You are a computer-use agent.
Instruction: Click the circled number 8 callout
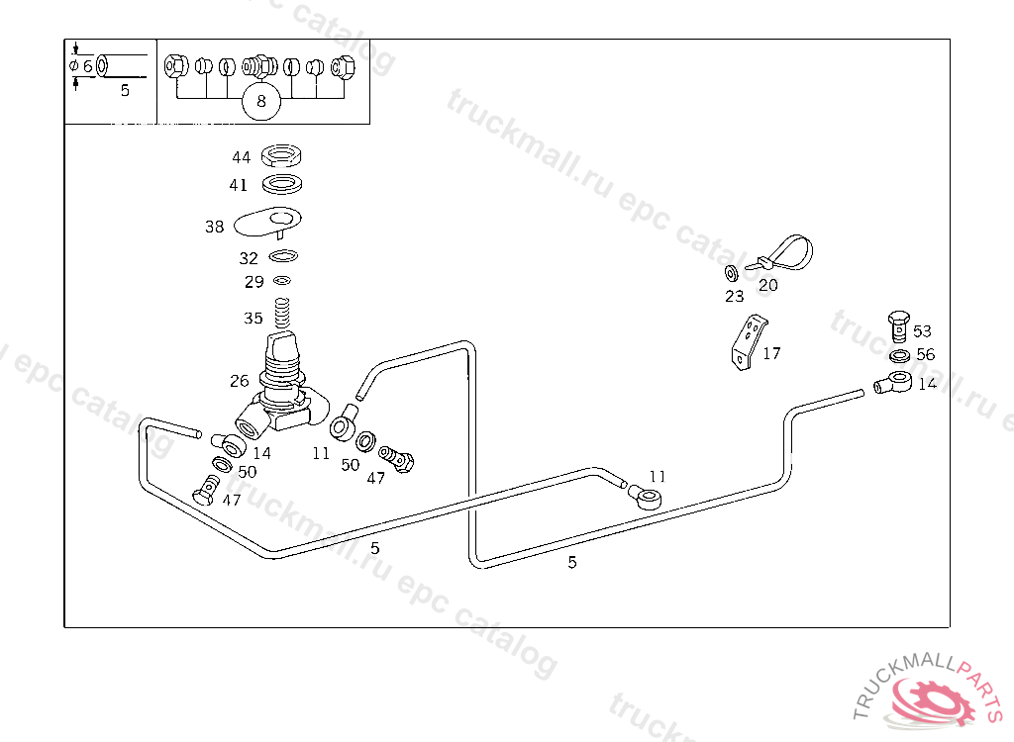pos(261,101)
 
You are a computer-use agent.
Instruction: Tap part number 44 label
pos(241,157)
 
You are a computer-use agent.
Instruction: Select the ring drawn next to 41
pos(282,184)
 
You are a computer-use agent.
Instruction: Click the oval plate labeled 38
pos(268,222)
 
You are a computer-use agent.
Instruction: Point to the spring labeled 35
pos(281,319)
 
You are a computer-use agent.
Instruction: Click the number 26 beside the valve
pos(240,380)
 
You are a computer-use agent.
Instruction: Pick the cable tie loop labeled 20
pos(786,255)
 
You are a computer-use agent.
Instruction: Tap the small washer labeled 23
pos(730,273)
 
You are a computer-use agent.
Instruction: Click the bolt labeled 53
pos(896,326)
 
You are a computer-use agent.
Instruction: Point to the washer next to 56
pos(900,355)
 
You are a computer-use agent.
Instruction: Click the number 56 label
pos(925,355)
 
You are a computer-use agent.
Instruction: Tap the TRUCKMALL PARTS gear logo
pos(931,698)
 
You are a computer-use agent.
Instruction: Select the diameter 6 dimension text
pos(81,65)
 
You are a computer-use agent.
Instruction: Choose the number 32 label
pos(249,258)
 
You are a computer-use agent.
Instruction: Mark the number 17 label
pos(772,353)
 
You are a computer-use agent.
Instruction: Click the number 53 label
pos(922,331)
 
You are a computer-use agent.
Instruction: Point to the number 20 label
pos(768,285)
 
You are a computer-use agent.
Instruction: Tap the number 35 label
pos(253,319)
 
